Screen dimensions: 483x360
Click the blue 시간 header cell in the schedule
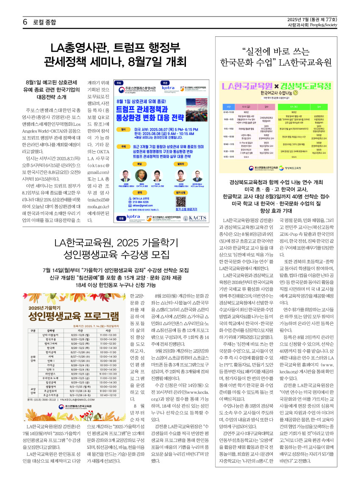point(228,107)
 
